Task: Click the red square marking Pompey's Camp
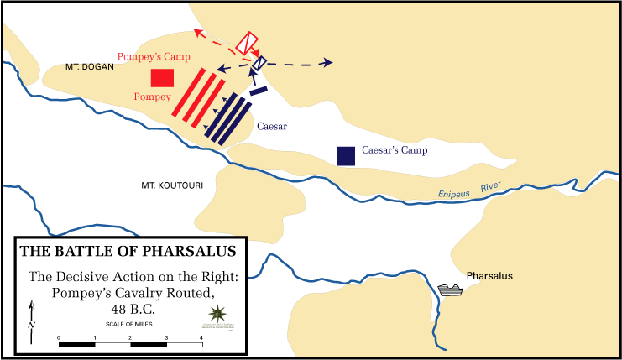[x=162, y=78]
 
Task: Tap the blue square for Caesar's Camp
[x=345, y=155]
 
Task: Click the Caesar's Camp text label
[x=395, y=151]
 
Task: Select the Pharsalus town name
[x=489, y=276]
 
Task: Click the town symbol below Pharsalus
[x=450, y=290]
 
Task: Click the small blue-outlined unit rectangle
[x=259, y=62]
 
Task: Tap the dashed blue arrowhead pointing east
[x=328, y=63]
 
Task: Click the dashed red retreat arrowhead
[x=196, y=33]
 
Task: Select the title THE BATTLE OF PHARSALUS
[x=128, y=250]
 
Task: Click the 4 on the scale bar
[x=201, y=337]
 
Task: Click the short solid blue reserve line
[x=258, y=91]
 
